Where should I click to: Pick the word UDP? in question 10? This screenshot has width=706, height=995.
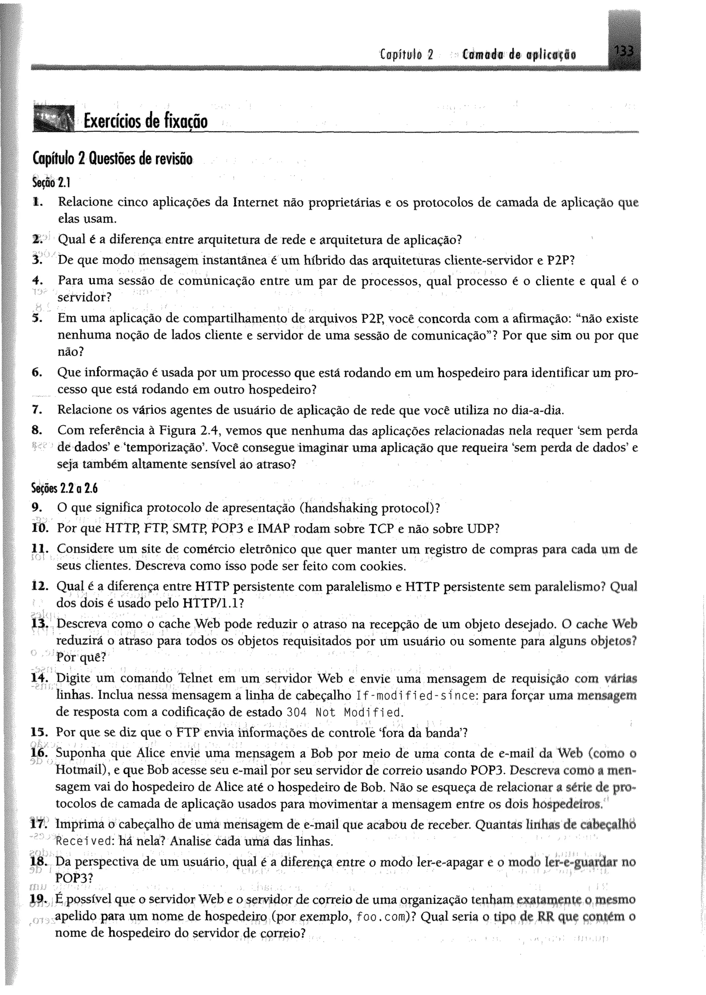pyautogui.click(x=483, y=529)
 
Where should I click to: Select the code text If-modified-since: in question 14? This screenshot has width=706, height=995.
pyautogui.click(x=417, y=696)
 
